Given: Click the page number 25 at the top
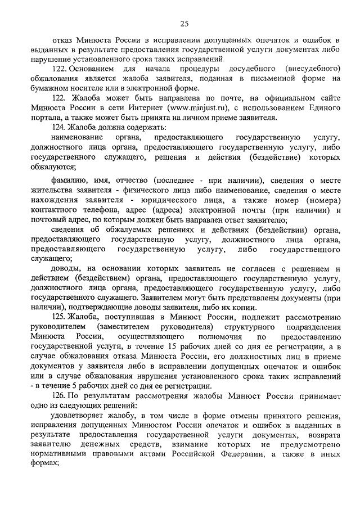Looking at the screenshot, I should [x=184, y=23].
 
